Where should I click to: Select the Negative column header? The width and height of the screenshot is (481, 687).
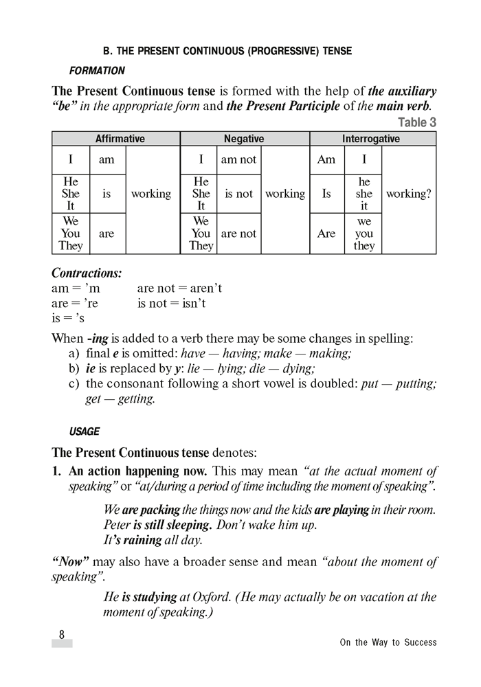[244, 139]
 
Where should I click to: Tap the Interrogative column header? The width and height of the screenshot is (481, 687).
[372, 139]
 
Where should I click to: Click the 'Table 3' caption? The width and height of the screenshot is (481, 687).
[416, 123]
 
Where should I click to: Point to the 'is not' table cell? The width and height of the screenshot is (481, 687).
[238, 194]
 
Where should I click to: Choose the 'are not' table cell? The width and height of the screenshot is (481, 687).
[238, 234]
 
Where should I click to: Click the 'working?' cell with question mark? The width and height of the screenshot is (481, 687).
[409, 194]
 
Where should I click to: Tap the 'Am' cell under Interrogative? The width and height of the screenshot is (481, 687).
[326, 159]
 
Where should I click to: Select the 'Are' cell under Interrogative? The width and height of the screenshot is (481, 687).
[326, 234]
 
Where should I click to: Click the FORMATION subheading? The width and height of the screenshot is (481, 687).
[97, 70]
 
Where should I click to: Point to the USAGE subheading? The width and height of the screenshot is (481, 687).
[85, 432]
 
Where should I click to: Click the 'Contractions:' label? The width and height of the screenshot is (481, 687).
[87, 273]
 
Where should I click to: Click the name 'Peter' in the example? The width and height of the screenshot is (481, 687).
[118, 525]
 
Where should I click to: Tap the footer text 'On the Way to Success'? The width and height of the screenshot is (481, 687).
[388, 643]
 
